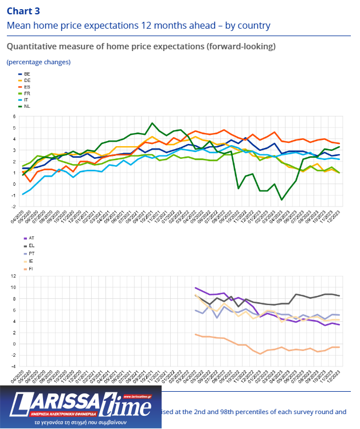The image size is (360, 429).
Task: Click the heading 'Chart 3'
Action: point(24,10)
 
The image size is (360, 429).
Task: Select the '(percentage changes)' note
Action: point(38,61)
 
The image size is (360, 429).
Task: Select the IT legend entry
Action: point(26,99)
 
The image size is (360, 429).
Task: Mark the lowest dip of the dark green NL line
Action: point(282,200)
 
